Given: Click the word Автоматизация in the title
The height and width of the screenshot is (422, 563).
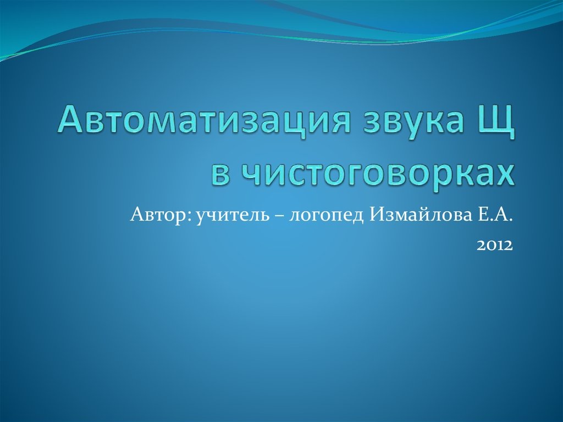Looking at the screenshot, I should click(201, 120).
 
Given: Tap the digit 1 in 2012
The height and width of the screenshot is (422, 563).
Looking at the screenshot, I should click(500, 244).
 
